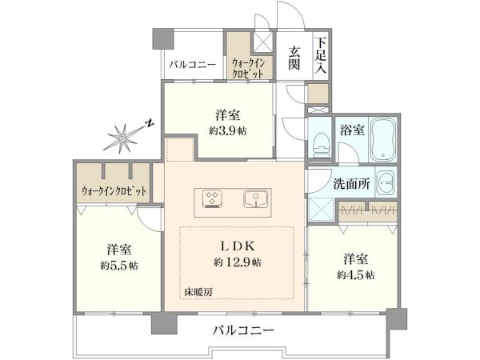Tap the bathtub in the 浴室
382,138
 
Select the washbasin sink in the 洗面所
386,183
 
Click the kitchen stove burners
213,198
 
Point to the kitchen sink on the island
256,199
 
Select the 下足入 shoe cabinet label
321,55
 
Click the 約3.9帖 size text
227,131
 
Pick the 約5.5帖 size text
119,265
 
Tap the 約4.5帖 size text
355,275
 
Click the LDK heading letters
238,246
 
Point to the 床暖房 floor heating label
198,292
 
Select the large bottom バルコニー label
243,330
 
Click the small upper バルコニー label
193,65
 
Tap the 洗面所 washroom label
351,184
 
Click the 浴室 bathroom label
352,130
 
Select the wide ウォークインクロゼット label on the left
114,191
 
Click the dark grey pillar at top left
163,39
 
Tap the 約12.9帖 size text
238,262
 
